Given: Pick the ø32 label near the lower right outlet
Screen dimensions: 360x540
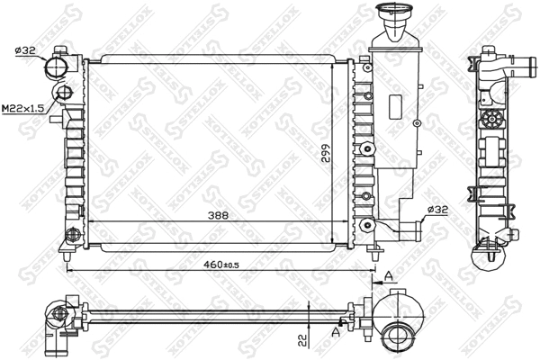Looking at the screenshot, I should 438,209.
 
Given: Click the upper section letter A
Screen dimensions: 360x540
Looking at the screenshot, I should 388,276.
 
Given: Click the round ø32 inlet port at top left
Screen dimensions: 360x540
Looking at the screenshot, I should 59,68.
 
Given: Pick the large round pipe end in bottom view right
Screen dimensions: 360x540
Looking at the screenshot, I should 397,337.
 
